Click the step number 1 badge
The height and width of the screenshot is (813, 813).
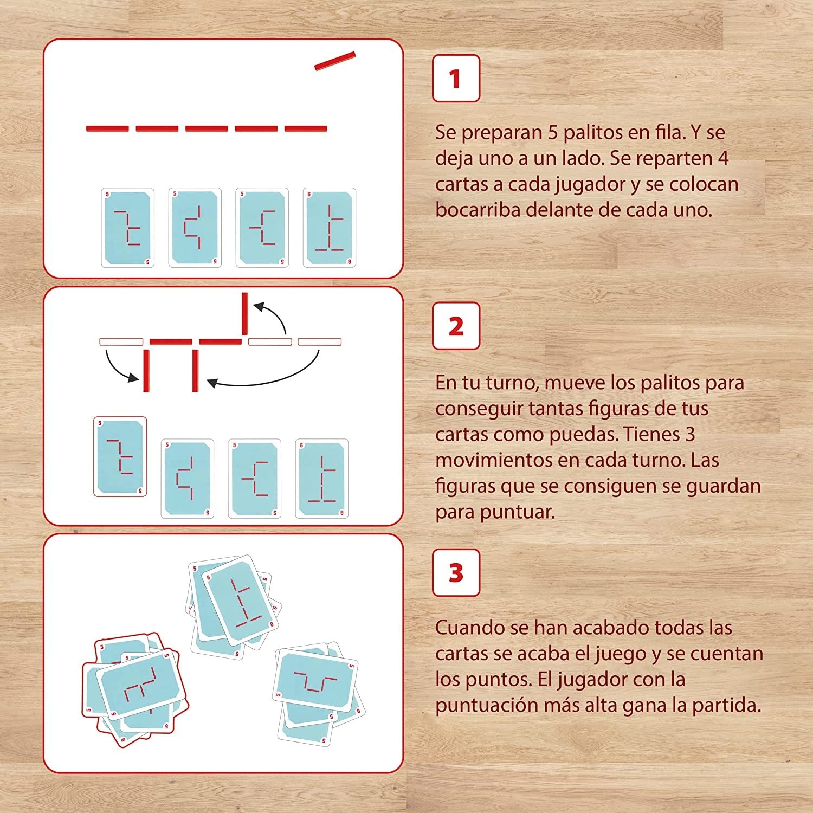point(456,79)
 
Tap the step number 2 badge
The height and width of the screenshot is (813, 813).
point(456,326)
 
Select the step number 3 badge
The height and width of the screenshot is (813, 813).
point(456,573)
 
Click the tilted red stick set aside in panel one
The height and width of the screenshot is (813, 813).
point(335,61)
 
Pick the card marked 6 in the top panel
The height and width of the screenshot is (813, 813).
point(329,228)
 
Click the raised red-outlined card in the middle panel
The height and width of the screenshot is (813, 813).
point(120,456)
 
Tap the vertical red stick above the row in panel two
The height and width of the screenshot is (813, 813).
point(245,314)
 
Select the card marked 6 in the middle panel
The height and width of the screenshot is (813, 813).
point(322,479)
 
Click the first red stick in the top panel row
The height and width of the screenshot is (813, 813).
point(107,128)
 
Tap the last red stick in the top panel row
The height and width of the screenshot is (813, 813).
point(306,128)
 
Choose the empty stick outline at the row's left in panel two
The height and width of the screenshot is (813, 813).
point(121,342)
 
